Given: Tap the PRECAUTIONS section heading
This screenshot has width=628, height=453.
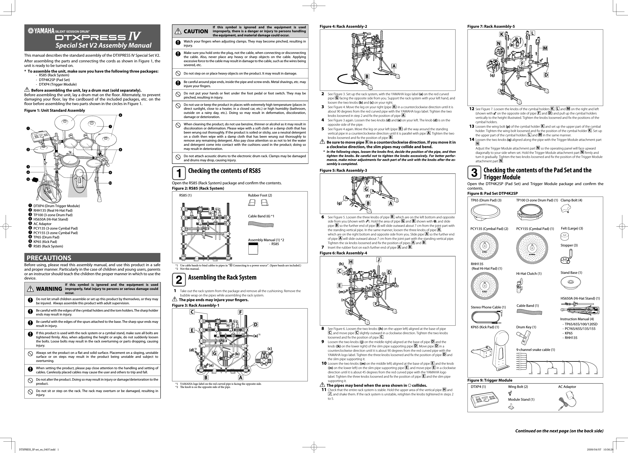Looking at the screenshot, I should tap(49, 258).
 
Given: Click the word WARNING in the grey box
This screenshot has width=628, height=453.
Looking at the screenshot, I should tap(49, 289).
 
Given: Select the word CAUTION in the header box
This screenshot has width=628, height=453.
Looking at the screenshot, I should tap(196, 31).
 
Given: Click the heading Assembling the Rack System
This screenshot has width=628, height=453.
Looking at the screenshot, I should tap(222, 277).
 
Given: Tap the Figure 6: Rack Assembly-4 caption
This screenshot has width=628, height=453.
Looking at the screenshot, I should tap(343, 253).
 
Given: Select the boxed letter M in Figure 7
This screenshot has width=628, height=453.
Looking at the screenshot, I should tap(545, 48).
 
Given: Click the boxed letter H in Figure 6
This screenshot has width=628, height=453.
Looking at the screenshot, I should tap(351, 262).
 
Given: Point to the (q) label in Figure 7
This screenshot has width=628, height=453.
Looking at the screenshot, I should tap(492, 75).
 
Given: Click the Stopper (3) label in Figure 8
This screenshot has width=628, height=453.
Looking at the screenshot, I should tap(569, 245).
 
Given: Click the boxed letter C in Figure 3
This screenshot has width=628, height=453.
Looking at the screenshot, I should tap(192, 312).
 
